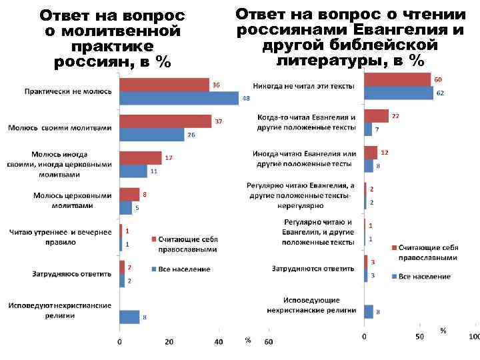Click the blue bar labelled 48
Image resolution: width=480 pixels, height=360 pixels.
tap(179, 98)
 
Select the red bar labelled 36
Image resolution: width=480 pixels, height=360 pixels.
tap(165, 85)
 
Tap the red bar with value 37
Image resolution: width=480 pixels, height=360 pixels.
tap(166, 121)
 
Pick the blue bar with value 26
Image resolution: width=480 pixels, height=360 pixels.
tap(152, 134)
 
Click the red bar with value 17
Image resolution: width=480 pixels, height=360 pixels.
tap(141, 158)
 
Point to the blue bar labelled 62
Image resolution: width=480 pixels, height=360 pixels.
tap(399, 93)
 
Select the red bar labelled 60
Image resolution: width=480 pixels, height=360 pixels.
tap(397, 79)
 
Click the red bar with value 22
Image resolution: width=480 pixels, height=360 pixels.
tap(377, 116)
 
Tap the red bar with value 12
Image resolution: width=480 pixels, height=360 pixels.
tap(371, 153)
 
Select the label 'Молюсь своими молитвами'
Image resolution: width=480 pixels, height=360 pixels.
tap(59, 127)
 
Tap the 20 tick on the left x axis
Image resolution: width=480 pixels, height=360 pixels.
tap(169, 343)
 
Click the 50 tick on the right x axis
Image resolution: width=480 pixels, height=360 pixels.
tap(419, 337)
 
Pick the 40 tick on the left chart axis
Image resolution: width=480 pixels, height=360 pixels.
tap(219, 343)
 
